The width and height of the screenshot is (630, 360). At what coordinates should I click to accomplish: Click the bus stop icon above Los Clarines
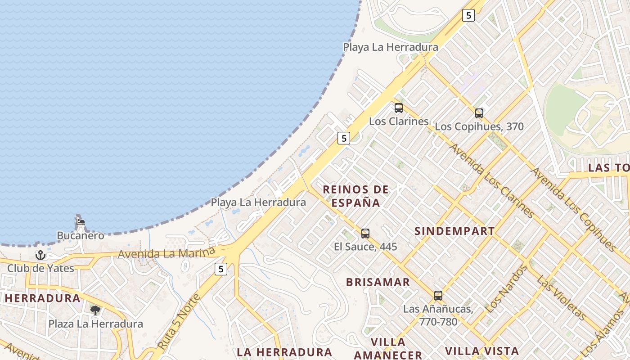pyautogui.click(x=399, y=108)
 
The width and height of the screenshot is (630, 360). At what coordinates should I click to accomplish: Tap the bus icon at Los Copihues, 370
pyautogui.click(x=479, y=113)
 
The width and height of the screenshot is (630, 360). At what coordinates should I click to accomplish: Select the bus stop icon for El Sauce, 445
pyautogui.click(x=365, y=234)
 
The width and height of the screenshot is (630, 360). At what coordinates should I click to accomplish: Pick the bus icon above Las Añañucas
pyautogui.click(x=438, y=296)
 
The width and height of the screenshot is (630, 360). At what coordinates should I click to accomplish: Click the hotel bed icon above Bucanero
pyautogui.click(x=81, y=222)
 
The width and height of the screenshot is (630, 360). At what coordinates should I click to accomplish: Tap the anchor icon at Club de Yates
pyautogui.click(x=40, y=255)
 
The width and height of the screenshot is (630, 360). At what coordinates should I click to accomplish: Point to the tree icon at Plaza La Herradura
pyautogui.click(x=95, y=310)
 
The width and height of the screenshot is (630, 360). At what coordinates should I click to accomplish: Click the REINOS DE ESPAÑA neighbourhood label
pyautogui.click(x=356, y=196)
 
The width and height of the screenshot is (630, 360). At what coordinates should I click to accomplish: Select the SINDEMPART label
pyautogui.click(x=454, y=231)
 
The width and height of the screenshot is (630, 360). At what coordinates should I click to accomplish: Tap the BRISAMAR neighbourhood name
pyautogui.click(x=378, y=282)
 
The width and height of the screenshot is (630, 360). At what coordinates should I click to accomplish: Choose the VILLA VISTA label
pyautogui.click(x=482, y=351)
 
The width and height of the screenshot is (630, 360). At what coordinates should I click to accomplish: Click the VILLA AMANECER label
pyautogui.click(x=388, y=348)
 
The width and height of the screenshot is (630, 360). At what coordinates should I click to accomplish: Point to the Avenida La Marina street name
pyautogui.click(x=166, y=253)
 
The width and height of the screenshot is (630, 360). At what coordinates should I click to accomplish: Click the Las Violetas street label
pyautogui.click(x=561, y=297)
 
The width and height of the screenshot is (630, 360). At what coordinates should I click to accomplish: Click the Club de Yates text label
pyautogui.click(x=40, y=268)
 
